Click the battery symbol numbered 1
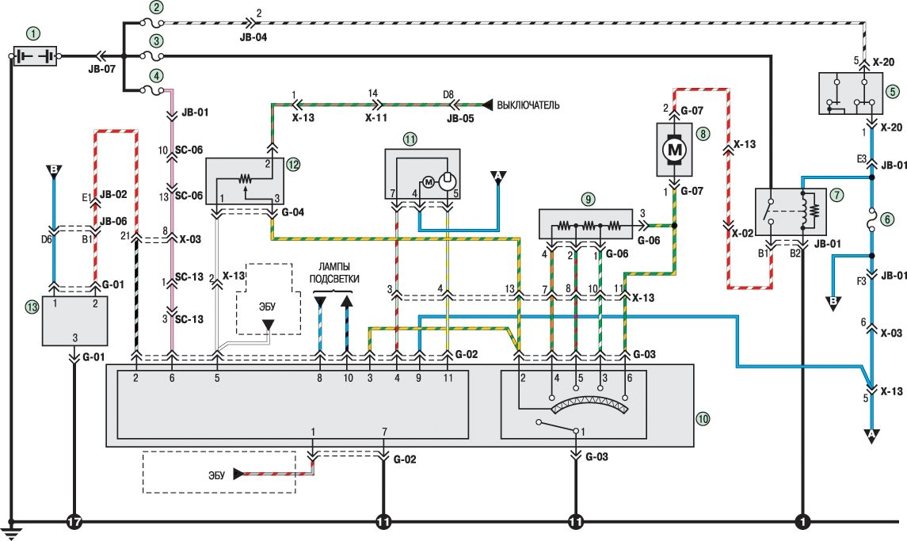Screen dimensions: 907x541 coord(35,56)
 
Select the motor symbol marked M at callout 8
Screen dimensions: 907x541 coord(675,150)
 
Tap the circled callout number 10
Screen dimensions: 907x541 coord(703,419)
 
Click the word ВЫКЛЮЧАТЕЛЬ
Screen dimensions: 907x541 coord(528,105)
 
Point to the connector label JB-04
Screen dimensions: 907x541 coord(253,37)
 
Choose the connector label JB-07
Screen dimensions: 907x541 coord(102,69)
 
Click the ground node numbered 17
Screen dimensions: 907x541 coord(74,522)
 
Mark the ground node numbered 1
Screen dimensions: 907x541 coord(802,522)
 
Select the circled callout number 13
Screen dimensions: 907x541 coord(32,307)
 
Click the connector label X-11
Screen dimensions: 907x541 coord(376,117)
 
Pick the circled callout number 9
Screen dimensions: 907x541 coord(588,200)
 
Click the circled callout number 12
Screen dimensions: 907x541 coord(293,164)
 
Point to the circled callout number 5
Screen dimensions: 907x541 coord(893,91)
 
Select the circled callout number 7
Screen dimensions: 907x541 coord(837,195)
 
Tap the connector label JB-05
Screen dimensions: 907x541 coord(460,118)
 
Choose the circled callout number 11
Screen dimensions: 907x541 coord(410,139)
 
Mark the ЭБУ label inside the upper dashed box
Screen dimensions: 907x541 coord(267,307)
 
